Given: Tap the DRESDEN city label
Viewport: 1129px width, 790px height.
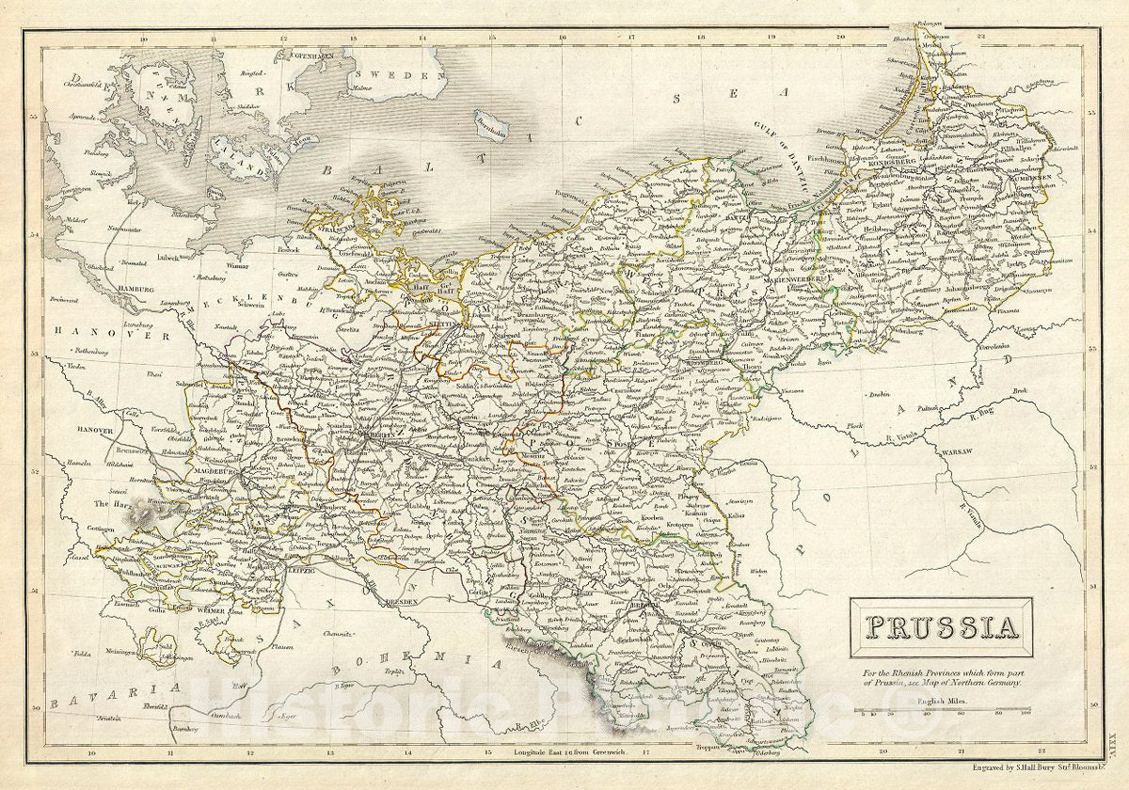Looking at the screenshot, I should (x=400, y=602).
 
